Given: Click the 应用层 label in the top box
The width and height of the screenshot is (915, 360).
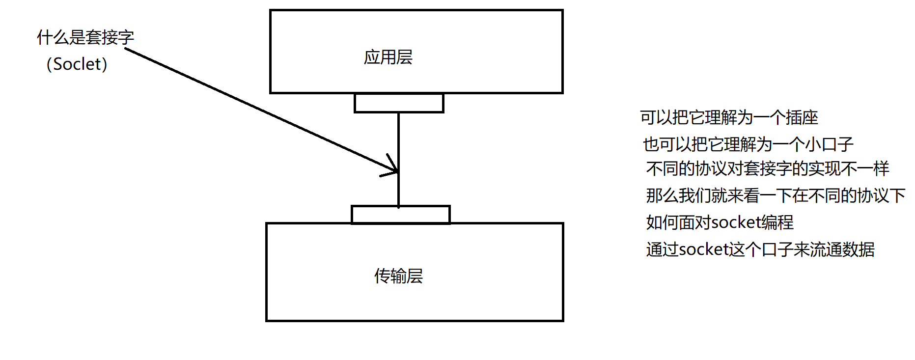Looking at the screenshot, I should tap(388, 57).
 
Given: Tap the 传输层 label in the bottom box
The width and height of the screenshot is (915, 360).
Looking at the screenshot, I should tap(398, 276).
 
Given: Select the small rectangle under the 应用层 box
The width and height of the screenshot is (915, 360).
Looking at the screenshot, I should tap(399, 103).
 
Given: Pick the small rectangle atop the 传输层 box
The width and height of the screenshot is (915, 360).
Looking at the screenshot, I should tap(400, 215).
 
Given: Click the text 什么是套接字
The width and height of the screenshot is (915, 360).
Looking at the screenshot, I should tap(85, 37).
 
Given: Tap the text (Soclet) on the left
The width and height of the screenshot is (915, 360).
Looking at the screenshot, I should tap(77, 64).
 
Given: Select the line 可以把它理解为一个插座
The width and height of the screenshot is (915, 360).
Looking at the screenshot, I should tap(729, 118).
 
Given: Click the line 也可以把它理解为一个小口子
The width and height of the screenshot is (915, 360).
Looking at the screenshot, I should tap(748, 144).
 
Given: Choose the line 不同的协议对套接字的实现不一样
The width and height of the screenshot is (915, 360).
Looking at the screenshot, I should tap(767, 169).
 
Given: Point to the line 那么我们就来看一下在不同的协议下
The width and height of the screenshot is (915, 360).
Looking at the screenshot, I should tap(776, 196).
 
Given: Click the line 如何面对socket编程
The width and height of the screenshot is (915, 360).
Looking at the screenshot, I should tap(720, 222).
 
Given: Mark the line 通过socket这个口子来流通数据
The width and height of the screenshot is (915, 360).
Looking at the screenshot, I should tap(760, 249).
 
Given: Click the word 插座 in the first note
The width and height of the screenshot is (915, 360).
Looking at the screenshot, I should tap(802, 118).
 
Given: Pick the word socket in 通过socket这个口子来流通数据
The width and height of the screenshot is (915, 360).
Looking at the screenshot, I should tap(704, 249).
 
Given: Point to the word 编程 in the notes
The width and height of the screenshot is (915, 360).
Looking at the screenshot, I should tap(777, 222).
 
